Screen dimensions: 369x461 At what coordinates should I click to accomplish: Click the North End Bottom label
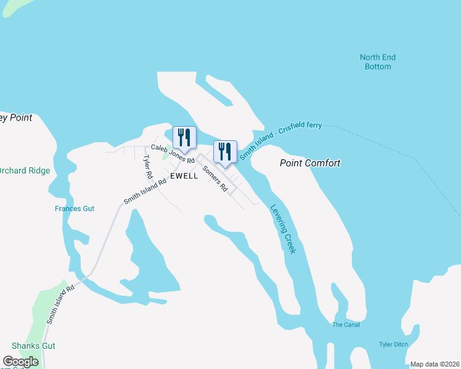point(377,61)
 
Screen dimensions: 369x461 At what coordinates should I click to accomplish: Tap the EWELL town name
point(184,176)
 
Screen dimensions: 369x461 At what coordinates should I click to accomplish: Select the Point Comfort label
point(310,163)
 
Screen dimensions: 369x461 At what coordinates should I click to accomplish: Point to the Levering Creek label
point(284,228)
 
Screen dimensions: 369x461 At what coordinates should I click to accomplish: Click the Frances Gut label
point(74,208)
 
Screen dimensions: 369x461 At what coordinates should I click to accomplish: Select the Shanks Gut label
point(31,346)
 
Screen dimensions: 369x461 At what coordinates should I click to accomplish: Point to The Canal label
point(345,325)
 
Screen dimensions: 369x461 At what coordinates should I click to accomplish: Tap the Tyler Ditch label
point(393,344)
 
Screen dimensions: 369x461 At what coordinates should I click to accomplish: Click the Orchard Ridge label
point(25,170)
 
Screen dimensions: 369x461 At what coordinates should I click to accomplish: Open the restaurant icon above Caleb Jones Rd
point(184,136)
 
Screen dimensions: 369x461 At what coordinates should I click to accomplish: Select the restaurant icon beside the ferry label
point(225,151)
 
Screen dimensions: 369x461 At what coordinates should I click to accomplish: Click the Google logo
point(20,362)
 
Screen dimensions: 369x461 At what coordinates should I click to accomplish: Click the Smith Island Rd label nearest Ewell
point(145,191)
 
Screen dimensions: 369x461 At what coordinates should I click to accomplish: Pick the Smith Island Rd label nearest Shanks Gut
point(60,304)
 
